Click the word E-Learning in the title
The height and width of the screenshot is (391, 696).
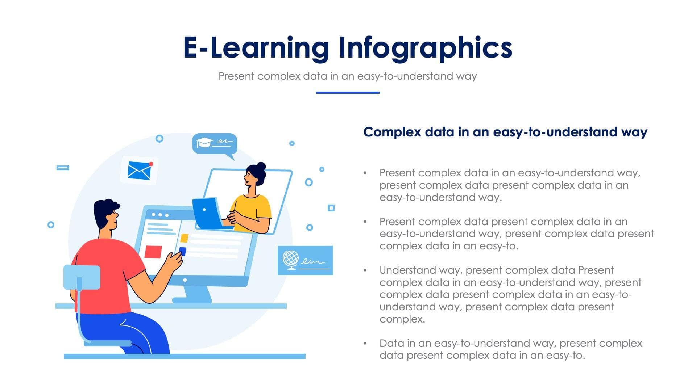pyautogui.click(x=256, y=48)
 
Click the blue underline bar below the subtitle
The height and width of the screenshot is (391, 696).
pyautogui.click(x=347, y=93)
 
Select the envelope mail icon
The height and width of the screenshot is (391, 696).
pyautogui.click(x=139, y=171)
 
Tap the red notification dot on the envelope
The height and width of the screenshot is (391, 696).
pyautogui.click(x=151, y=164)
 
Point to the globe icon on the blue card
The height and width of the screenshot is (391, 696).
pyautogui.click(x=291, y=259)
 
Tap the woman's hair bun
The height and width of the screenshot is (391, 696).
pyautogui.click(x=261, y=166)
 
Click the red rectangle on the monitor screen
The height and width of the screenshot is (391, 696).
pyautogui.click(x=153, y=252)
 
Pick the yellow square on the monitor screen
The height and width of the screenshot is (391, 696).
pyautogui.click(x=185, y=238)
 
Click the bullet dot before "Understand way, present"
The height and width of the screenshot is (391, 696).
pyautogui.click(x=365, y=270)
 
